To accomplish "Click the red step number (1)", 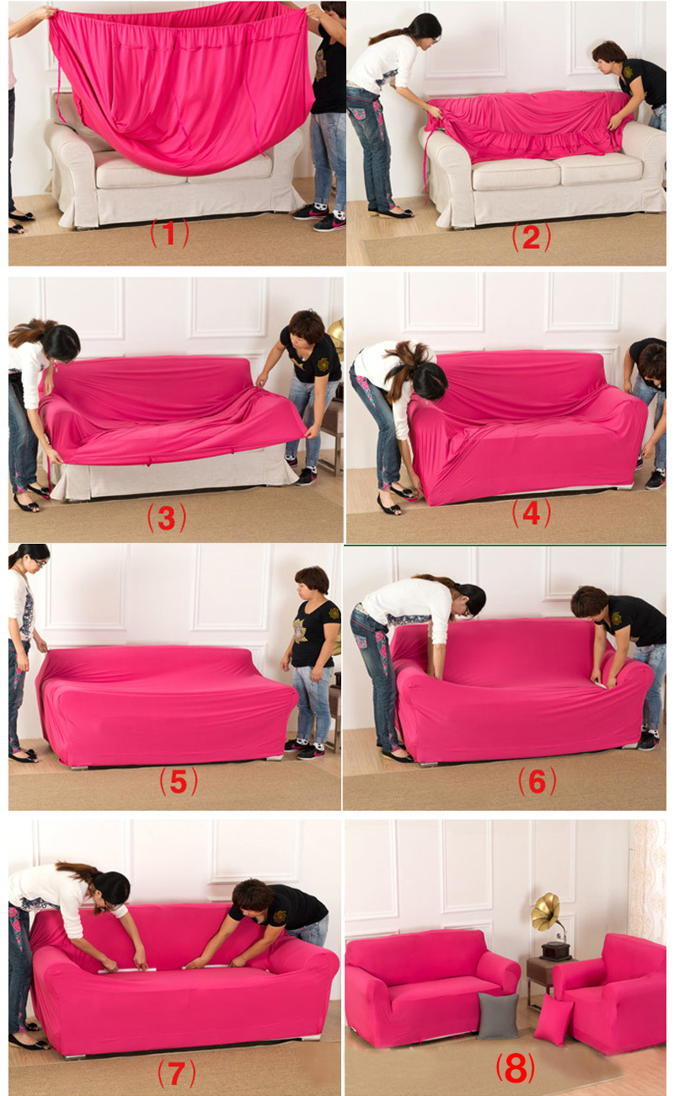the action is pyautogui.click(x=169, y=233).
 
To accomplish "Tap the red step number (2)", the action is pyautogui.click(x=531, y=237).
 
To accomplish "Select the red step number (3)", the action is pyautogui.click(x=167, y=518).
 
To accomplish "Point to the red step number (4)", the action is pyautogui.click(x=531, y=513).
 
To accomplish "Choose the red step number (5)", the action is pyautogui.click(x=179, y=782).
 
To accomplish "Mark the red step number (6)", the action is pyautogui.click(x=537, y=782).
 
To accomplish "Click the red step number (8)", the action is pyautogui.click(x=516, y=1069).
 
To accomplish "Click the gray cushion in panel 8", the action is pyautogui.click(x=497, y=1016).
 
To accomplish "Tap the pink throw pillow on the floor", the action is pyautogui.click(x=554, y=1021).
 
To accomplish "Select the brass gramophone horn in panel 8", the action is pyautogui.click(x=545, y=909).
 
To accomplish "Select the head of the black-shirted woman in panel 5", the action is pyautogui.click(x=312, y=583).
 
